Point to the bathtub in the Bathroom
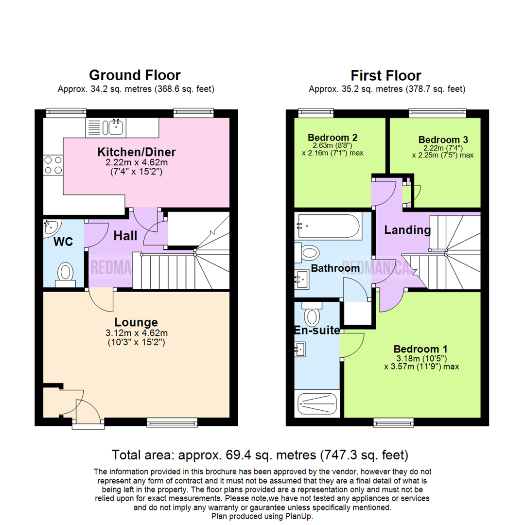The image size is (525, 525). pos(329,226)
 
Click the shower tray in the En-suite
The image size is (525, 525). pos(317,403)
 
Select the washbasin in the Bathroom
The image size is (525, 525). pos(301,279)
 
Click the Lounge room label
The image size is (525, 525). pos(136,322)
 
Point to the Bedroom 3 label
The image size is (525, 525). pos(443,140)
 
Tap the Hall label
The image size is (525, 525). pos(125,236)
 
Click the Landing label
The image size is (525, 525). pos(407,230)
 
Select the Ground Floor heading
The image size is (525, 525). pos(135,75)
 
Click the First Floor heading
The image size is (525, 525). pos(385,75)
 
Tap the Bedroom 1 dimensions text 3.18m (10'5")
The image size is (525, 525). pos(421,359)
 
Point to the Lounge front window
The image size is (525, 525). pos(172,423)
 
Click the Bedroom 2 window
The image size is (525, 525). pos(316,113)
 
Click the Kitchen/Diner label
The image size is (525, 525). pos(136,152)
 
